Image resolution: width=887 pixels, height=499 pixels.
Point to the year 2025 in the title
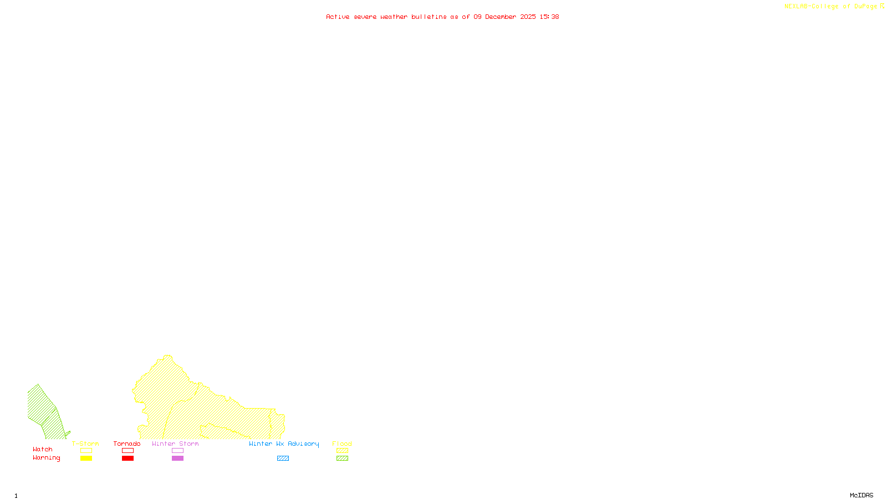[x=528, y=17]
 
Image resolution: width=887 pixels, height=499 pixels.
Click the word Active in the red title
[x=338, y=17]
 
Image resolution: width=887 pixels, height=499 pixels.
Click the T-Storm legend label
[x=85, y=444]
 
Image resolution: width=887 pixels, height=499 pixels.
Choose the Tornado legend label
[x=127, y=444]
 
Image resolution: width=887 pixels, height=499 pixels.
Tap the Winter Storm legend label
[x=175, y=444]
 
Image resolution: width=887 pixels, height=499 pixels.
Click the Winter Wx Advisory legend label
[x=284, y=444]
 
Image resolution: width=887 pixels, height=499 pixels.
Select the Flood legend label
[x=342, y=444]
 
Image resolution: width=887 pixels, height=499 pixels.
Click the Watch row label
[x=43, y=450]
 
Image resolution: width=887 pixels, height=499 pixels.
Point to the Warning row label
[x=47, y=458]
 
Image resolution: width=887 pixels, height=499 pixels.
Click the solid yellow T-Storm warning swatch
[x=86, y=459]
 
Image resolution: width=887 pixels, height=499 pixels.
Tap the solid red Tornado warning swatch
[x=128, y=459]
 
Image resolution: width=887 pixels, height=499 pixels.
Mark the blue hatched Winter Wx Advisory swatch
[x=283, y=459]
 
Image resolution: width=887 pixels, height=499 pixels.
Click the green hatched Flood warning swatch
[x=343, y=459]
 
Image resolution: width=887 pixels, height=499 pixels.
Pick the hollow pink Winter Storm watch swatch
[x=177, y=451]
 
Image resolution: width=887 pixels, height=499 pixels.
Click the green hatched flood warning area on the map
[x=44, y=413]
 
